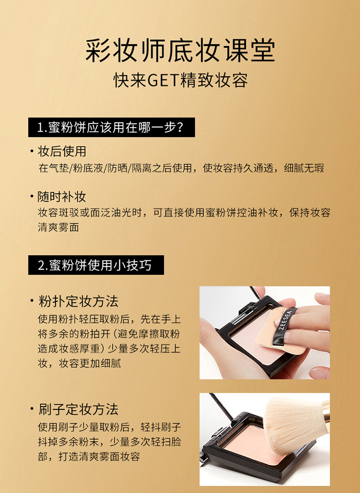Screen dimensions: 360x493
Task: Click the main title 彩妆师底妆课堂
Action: point(180,50)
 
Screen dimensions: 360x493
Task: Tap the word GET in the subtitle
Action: point(163,81)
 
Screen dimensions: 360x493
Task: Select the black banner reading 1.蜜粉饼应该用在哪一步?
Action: point(112,127)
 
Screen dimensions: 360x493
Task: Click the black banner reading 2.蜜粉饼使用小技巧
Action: point(96,265)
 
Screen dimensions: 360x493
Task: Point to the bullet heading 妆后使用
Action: point(62,151)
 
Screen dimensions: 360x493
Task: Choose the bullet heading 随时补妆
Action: point(62,197)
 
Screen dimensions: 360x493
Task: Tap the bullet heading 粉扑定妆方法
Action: point(78,301)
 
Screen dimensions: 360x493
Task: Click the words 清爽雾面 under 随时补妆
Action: point(58,227)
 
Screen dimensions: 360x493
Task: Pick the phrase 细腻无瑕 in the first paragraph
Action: point(304,168)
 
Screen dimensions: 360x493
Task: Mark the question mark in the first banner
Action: point(180,127)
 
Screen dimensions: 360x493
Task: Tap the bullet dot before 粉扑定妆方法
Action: point(32,301)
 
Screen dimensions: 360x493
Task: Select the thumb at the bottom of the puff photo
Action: point(320,373)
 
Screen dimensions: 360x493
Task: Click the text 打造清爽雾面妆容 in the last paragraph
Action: point(99,457)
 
